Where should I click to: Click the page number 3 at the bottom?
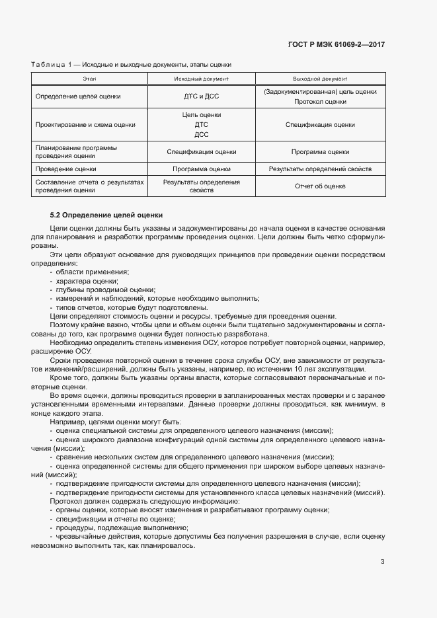382,562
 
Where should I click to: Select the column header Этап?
89,79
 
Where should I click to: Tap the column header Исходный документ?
201,79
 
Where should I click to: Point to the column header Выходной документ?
320,79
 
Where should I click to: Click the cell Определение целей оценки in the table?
79,96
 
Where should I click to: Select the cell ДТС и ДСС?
201,96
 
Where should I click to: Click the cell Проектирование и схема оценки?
86,124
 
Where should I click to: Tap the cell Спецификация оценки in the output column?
320,124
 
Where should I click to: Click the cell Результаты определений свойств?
320,169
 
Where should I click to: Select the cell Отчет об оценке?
320,186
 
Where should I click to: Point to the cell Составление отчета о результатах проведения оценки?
89,186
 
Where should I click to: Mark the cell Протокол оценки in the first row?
320,102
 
